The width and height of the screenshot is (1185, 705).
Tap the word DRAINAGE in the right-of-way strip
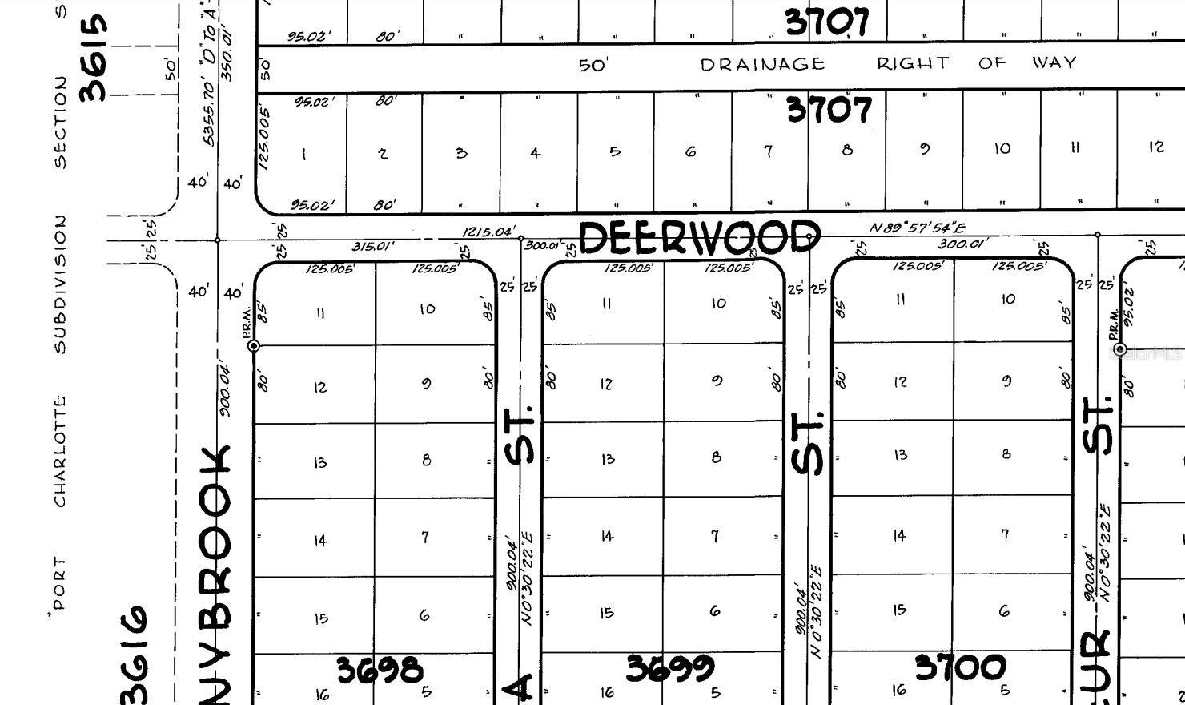click(x=762, y=64)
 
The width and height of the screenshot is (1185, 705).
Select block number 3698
click(x=379, y=670)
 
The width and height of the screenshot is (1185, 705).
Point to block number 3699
click(x=669, y=668)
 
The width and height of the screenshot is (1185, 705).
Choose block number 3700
click(x=960, y=667)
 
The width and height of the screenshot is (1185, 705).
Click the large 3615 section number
click(x=94, y=58)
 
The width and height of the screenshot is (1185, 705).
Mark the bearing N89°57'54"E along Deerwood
click(x=917, y=228)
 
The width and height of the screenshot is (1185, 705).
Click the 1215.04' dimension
click(x=488, y=232)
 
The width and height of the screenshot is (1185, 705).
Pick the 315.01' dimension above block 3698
click(x=372, y=246)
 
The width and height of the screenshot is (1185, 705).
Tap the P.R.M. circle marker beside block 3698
click(x=254, y=346)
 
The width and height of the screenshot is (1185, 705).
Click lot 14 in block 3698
click(x=320, y=540)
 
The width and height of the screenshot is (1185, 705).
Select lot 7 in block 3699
click(x=715, y=535)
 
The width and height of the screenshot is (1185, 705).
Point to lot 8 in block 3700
click(x=1006, y=454)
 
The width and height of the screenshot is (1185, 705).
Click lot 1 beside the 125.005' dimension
click(x=303, y=154)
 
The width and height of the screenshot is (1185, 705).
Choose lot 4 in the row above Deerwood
click(x=535, y=152)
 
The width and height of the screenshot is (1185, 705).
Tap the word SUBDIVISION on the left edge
click(x=61, y=284)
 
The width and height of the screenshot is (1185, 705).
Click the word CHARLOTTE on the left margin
click(x=61, y=451)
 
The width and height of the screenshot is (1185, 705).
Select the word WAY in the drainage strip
click(x=1054, y=62)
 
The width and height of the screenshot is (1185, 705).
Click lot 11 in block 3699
click(x=607, y=304)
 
